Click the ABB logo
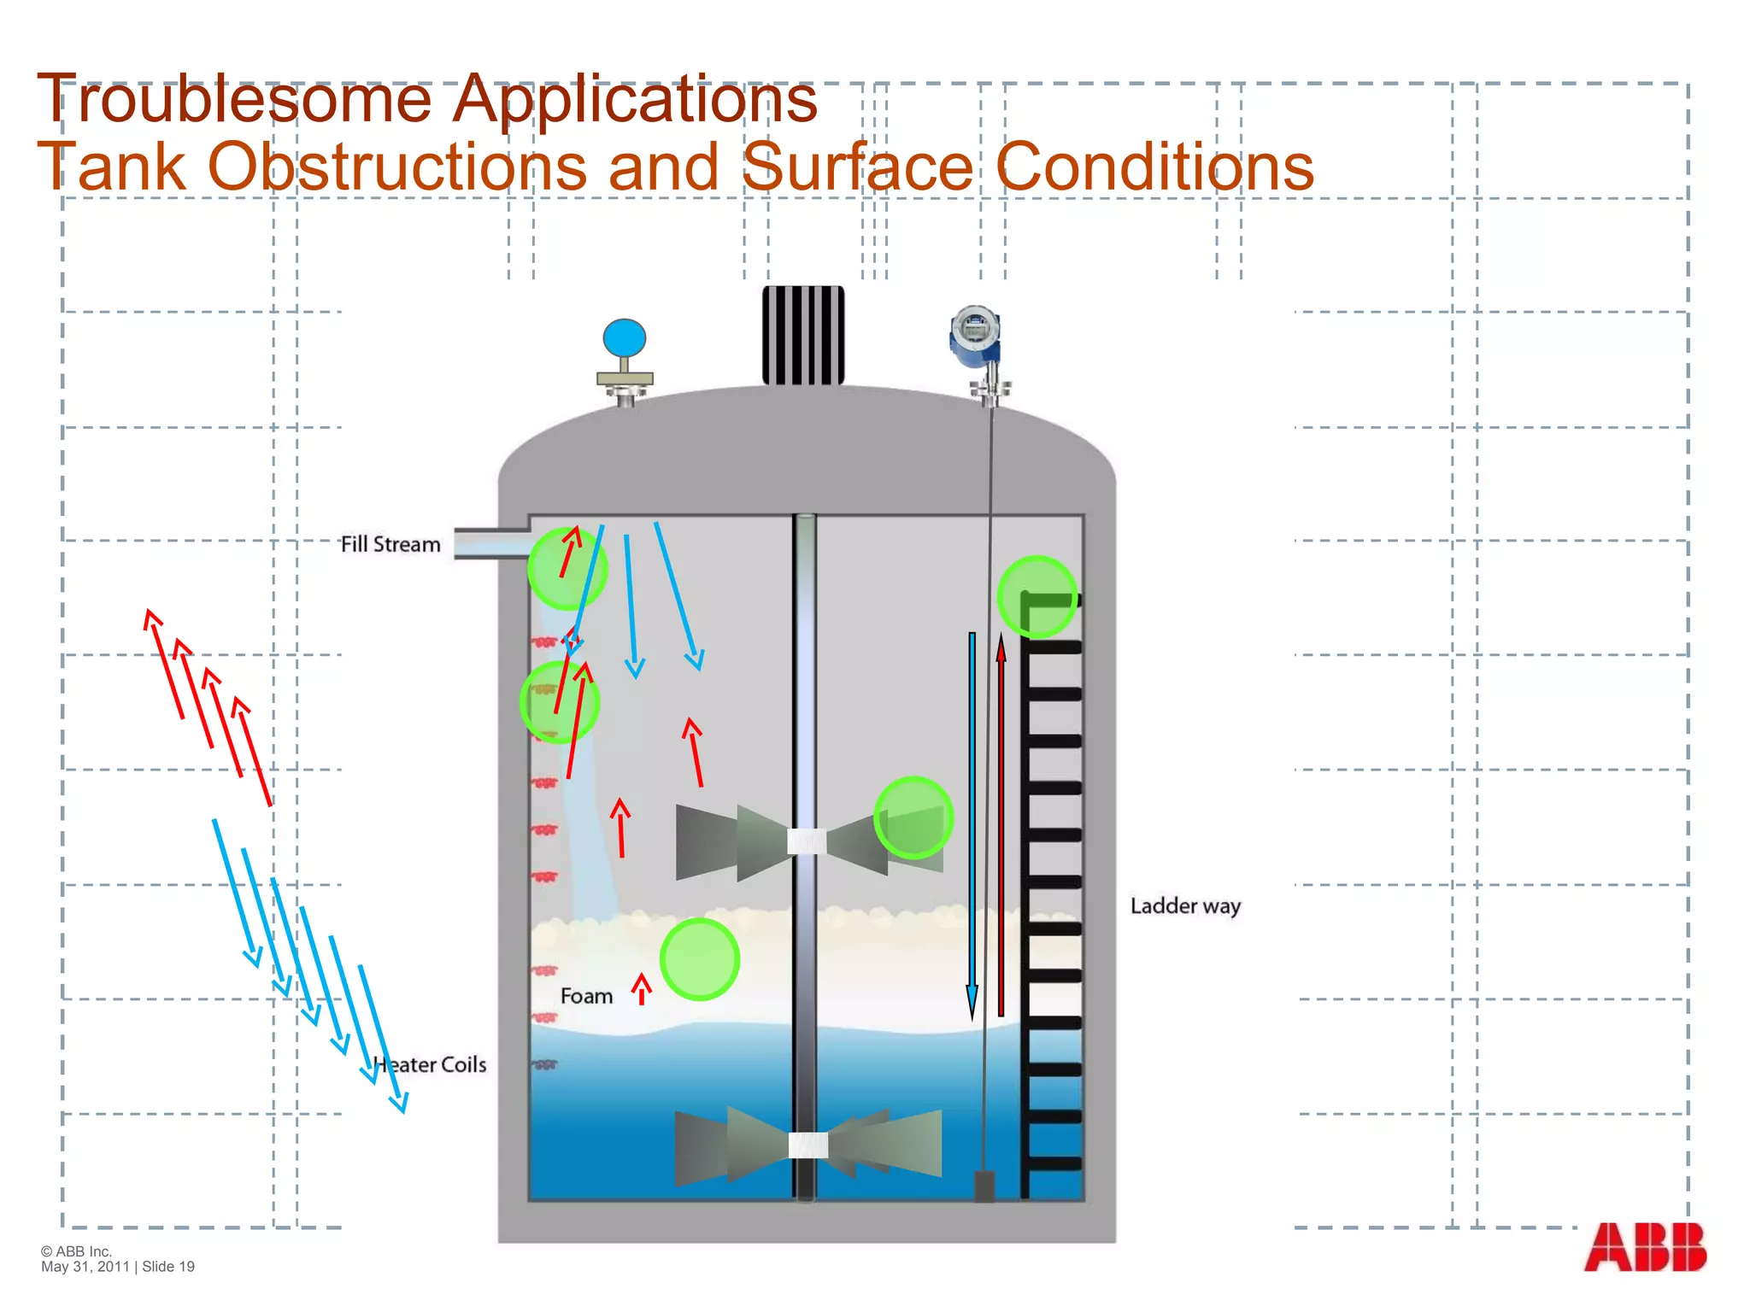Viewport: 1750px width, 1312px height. coord(1645,1247)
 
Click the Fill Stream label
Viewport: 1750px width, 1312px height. coord(391,544)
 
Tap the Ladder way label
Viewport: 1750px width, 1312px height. coord(1185,906)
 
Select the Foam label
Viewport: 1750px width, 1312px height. coord(586,996)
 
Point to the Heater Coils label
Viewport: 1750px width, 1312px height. coord(431,1065)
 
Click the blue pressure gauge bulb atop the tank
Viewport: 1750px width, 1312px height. coord(625,338)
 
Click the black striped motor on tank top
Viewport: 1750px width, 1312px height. coord(803,336)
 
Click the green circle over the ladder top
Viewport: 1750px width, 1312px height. coord(1037,597)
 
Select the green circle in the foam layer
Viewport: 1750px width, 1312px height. coord(700,959)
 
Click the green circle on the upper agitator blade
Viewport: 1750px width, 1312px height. coord(913,817)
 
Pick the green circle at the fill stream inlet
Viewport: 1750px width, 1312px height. coord(567,569)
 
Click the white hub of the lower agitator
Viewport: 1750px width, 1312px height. coord(807,1145)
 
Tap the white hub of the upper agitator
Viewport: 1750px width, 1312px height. coord(807,841)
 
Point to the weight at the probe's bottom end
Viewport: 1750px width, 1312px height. coord(984,1186)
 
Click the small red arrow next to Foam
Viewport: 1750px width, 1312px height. coord(642,988)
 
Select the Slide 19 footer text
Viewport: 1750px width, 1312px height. coord(168,1267)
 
